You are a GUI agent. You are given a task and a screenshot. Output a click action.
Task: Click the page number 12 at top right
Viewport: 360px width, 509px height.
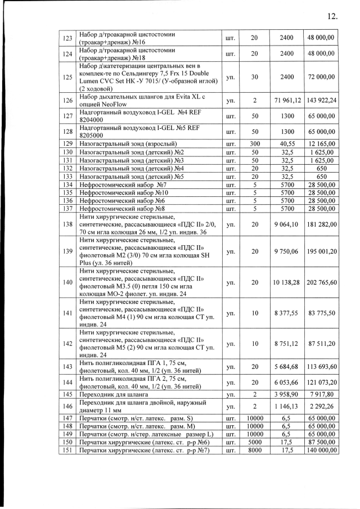click(331, 16)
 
